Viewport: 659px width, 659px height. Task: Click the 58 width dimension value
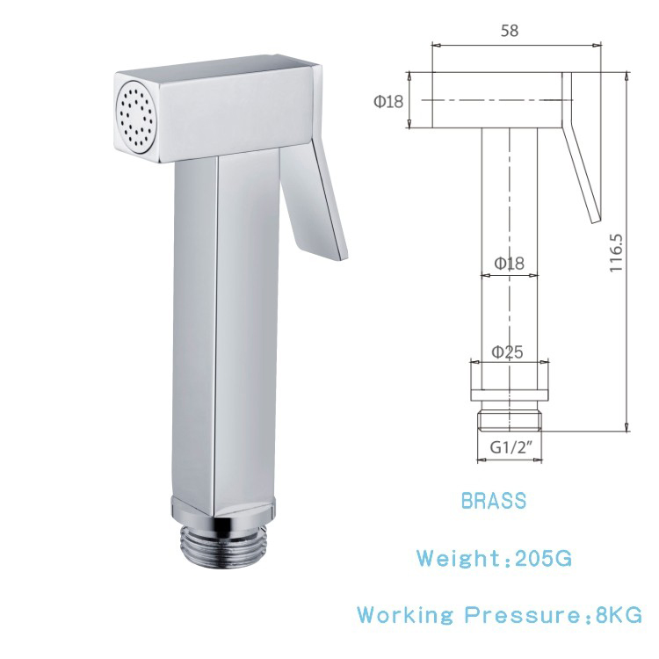coord(510,30)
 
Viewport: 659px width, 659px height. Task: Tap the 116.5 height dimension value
coord(616,252)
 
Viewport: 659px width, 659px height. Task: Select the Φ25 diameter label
coord(508,352)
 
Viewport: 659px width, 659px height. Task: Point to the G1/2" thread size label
coord(510,448)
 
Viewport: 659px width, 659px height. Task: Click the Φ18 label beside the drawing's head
coord(388,101)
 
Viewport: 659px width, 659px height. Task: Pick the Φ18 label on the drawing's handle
coord(509,264)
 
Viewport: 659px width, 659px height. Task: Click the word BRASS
coord(494,501)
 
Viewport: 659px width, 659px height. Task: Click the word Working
coord(405,615)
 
